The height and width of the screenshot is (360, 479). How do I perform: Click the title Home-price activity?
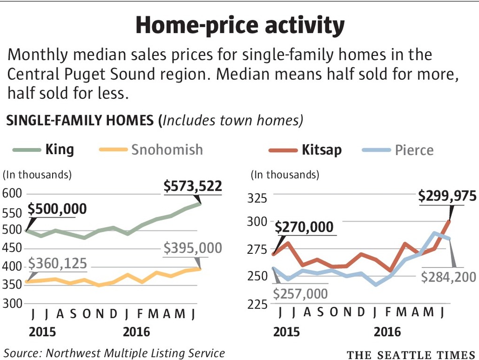(x=239, y=26)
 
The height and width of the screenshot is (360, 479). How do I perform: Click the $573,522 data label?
(x=193, y=187)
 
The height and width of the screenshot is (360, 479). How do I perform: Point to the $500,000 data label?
(x=57, y=209)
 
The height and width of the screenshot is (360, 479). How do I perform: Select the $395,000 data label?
(x=193, y=248)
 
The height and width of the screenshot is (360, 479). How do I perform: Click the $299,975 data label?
(x=447, y=196)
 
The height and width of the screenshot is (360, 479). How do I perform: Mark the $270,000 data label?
(x=304, y=227)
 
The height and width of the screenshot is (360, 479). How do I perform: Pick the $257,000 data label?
(x=301, y=294)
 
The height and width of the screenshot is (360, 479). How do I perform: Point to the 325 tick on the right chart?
(x=257, y=197)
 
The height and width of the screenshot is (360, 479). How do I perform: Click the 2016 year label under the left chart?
(x=136, y=332)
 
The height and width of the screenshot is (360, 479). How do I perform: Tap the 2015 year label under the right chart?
(x=286, y=332)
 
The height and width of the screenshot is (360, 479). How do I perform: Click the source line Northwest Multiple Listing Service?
(x=114, y=352)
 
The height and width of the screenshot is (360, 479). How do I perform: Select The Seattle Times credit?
(x=411, y=353)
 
